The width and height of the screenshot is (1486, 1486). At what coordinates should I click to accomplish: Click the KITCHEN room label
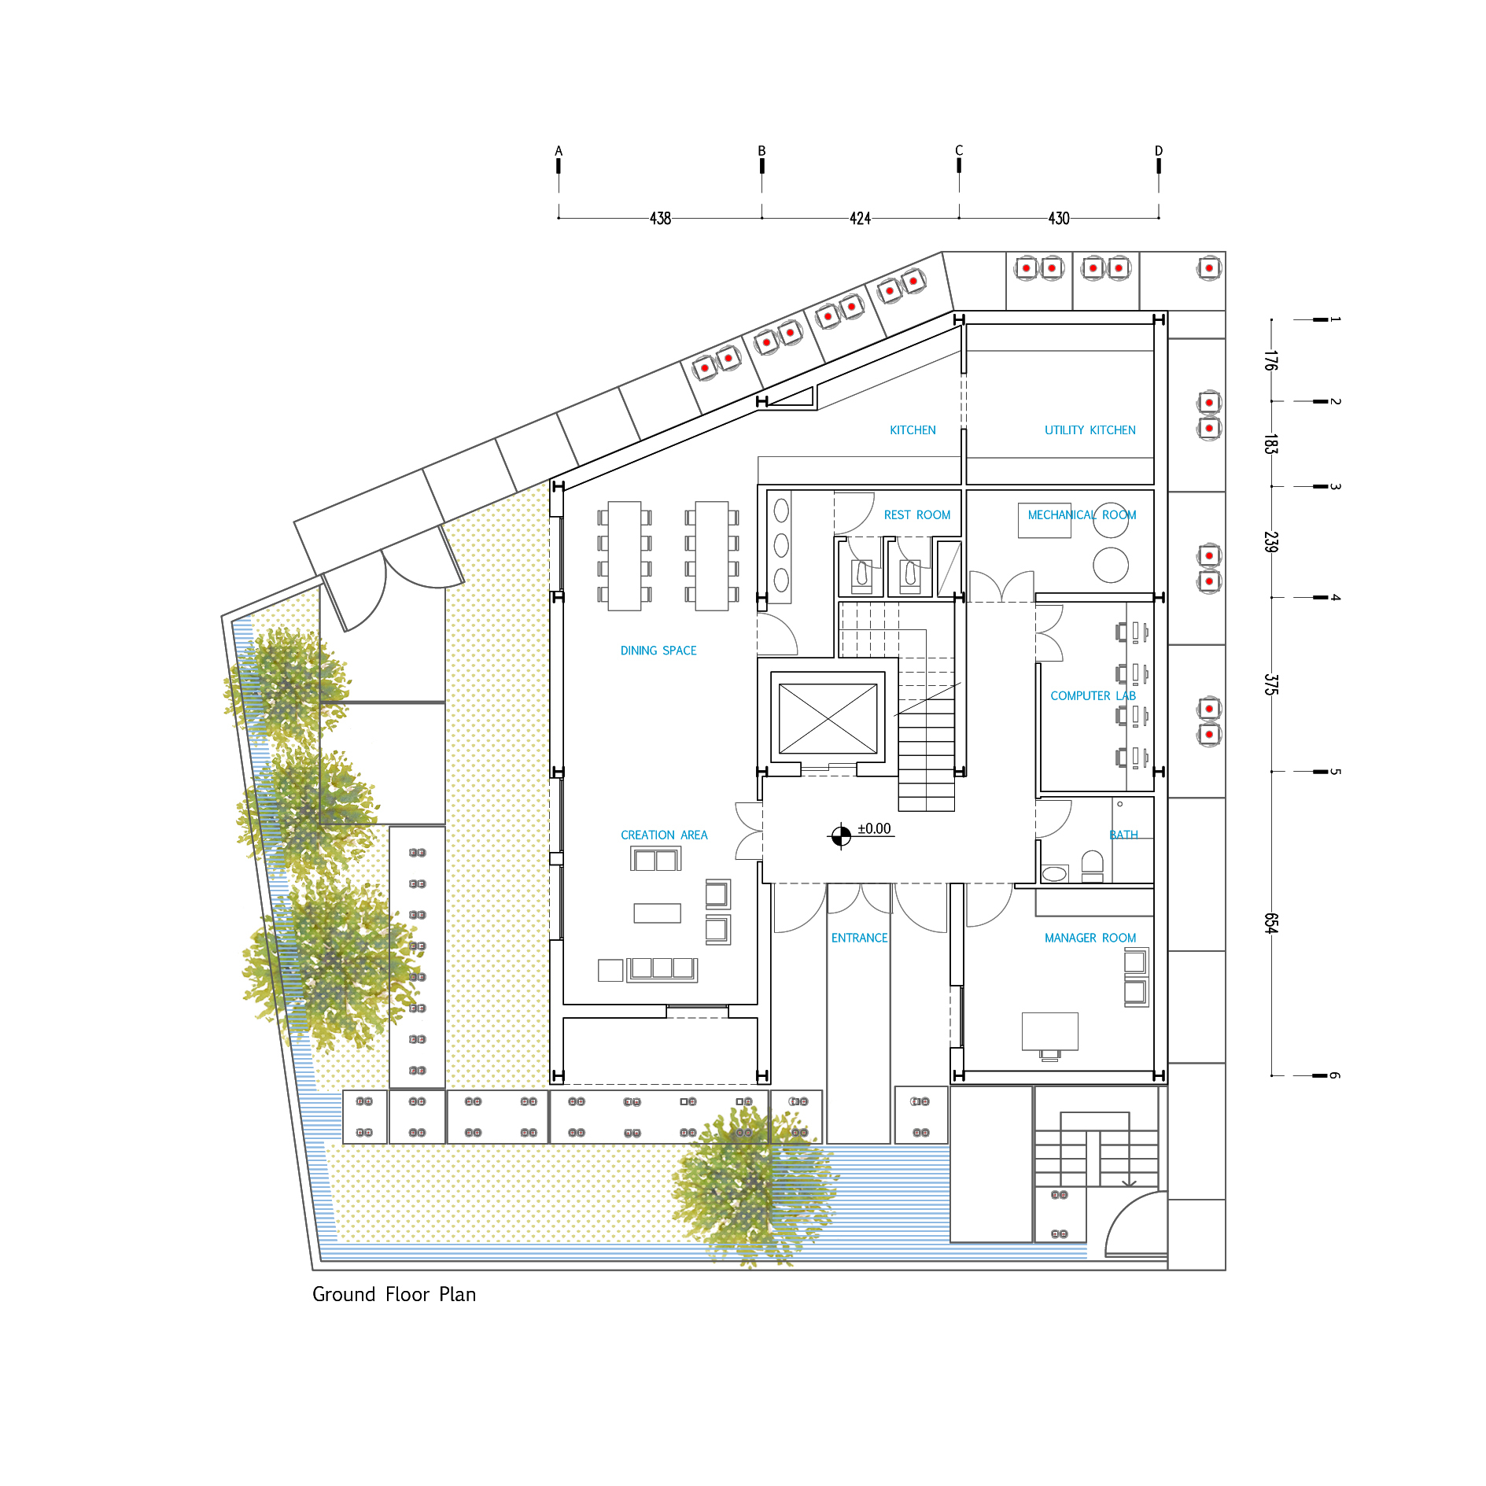tap(913, 430)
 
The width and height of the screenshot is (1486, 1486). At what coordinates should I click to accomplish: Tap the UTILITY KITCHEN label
tap(1090, 430)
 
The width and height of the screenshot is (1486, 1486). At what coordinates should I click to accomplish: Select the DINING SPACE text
tap(658, 651)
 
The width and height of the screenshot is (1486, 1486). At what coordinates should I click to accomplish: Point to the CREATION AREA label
tap(664, 835)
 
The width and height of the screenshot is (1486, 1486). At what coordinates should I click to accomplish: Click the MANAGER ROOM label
tap(1090, 938)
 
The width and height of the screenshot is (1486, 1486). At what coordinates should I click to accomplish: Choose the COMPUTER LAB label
tap(1093, 695)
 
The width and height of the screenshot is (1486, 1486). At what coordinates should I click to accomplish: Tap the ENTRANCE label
tap(859, 938)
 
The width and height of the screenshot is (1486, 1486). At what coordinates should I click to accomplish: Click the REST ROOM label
tap(916, 514)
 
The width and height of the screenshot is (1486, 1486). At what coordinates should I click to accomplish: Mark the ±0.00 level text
tap(874, 829)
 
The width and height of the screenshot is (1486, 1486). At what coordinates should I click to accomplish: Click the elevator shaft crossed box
tap(828, 718)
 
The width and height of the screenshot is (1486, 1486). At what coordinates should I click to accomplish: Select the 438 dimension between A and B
tap(660, 219)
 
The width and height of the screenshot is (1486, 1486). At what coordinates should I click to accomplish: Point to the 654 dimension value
tap(1270, 924)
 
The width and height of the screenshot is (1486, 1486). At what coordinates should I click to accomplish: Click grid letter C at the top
tap(959, 150)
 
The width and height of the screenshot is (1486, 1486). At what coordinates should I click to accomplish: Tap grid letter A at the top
tap(559, 151)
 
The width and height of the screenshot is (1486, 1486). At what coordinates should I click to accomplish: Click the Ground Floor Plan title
tap(394, 1294)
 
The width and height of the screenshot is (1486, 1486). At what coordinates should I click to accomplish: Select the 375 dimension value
tap(1270, 684)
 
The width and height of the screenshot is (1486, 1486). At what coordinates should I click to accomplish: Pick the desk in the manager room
tap(1049, 1031)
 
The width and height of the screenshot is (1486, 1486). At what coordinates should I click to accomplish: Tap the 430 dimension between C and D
tap(1059, 219)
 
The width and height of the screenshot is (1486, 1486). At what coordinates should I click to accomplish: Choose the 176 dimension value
tap(1270, 360)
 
